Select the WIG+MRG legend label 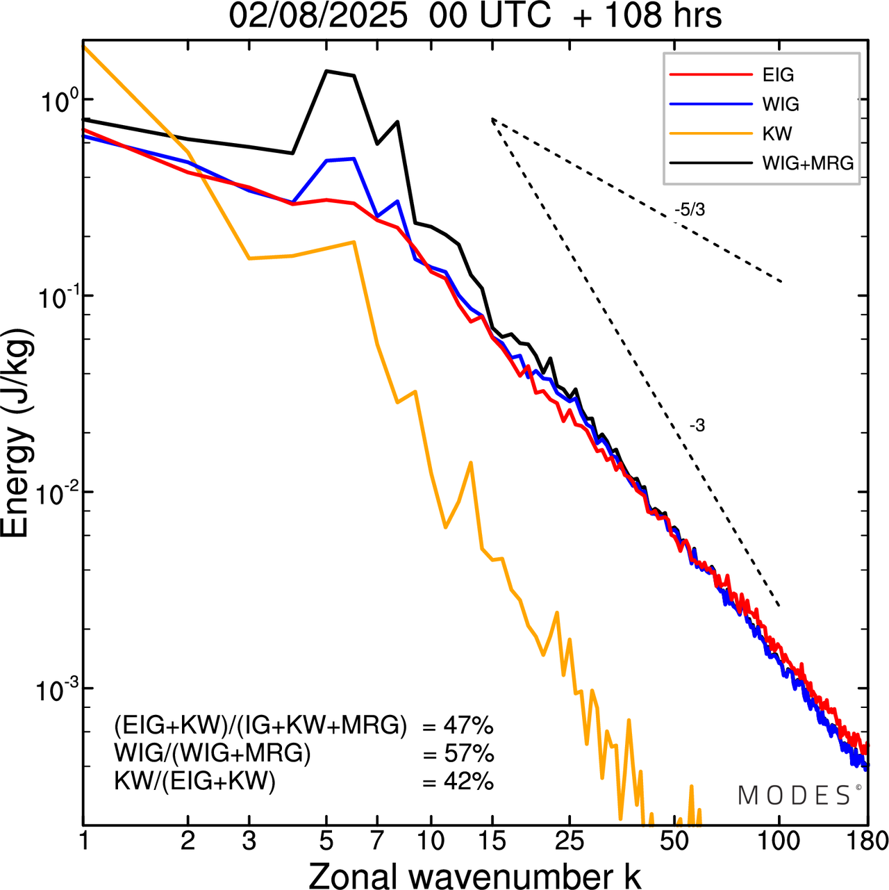[x=808, y=163]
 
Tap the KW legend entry [x=776, y=133]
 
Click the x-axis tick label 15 [x=492, y=841]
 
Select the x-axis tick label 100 [x=779, y=841]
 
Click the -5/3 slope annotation [x=689, y=210]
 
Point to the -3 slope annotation [x=697, y=426]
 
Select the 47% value [x=468, y=726]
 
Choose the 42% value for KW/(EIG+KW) [x=468, y=782]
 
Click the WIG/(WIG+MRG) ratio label [x=212, y=753]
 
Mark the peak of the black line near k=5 [x=327, y=71]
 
